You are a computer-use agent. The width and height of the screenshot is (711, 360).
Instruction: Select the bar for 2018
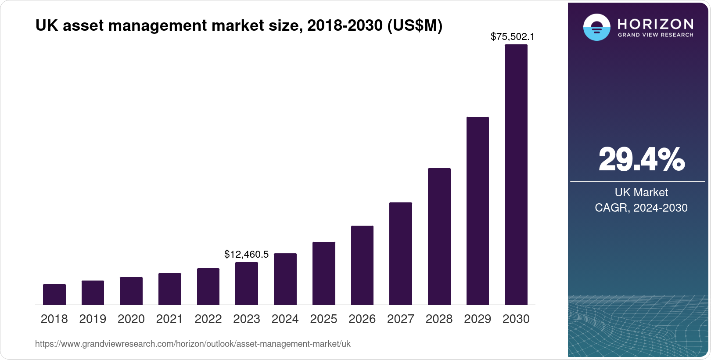(x=54, y=294)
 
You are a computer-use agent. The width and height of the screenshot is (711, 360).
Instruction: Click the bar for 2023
(x=247, y=283)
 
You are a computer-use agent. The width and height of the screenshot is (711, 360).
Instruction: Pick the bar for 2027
(x=400, y=253)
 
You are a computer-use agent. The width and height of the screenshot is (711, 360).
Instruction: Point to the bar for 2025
(x=323, y=273)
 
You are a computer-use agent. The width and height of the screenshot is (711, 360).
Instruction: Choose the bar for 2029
(x=478, y=211)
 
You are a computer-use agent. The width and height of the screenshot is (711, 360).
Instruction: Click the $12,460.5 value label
(x=246, y=254)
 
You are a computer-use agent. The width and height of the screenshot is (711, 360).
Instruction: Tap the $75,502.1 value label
(x=512, y=37)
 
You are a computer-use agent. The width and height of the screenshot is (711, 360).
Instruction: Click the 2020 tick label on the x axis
(x=131, y=319)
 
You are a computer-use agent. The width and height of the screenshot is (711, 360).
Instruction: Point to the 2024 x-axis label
(x=285, y=319)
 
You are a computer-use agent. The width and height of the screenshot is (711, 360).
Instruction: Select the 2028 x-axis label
(x=439, y=319)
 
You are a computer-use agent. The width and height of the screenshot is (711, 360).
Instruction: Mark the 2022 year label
(x=208, y=319)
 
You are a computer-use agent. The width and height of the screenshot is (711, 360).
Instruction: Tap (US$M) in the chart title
(x=414, y=26)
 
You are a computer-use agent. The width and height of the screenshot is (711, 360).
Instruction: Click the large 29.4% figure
(x=641, y=159)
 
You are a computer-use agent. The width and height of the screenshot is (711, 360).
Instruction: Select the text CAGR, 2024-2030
(x=641, y=208)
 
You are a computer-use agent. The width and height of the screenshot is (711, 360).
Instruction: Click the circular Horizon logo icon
(x=596, y=27)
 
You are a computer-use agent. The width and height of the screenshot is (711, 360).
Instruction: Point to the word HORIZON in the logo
(x=655, y=24)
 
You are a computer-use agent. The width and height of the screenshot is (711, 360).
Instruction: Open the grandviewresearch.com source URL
(x=193, y=344)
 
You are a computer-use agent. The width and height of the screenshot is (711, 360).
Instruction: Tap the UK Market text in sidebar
(x=641, y=192)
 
